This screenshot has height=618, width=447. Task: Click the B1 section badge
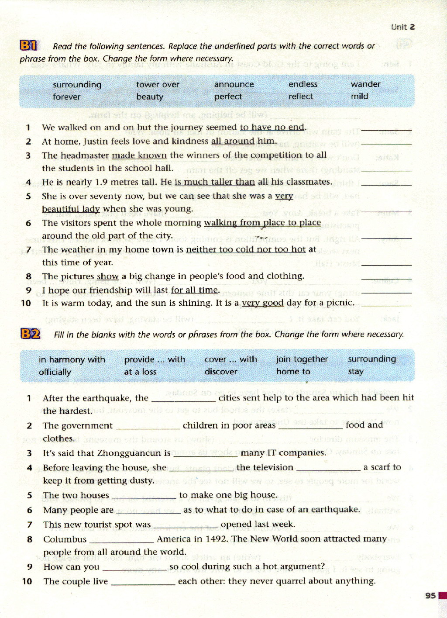pyautogui.click(x=28, y=45)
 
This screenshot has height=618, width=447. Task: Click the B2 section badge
pyautogui.click(x=30, y=334)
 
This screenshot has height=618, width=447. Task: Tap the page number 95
pyautogui.click(x=430, y=595)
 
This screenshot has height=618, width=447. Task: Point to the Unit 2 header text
pyautogui.click(x=402, y=27)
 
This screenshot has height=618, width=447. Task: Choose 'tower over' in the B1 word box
pyautogui.click(x=158, y=84)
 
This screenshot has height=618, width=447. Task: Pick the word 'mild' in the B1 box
pyautogui.click(x=359, y=96)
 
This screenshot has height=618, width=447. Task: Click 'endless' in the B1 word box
pyautogui.click(x=303, y=84)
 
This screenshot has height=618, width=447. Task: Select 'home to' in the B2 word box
pyautogui.click(x=293, y=371)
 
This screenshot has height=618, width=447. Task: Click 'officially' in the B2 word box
pyautogui.click(x=55, y=372)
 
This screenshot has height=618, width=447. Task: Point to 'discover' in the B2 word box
pyautogui.click(x=221, y=372)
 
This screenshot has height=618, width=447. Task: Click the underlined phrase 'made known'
pyautogui.click(x=139, y=155)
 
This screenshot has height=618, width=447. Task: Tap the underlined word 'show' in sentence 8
pyautogui.click(x=108, y=276)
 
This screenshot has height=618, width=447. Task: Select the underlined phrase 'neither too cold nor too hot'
pyautogui.click(x=246, y=249)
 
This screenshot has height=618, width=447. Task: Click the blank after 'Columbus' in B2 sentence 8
pyautogui.click(x=121, y=540)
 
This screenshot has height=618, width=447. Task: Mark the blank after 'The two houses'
pyautogui.click(x=144, y=496)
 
